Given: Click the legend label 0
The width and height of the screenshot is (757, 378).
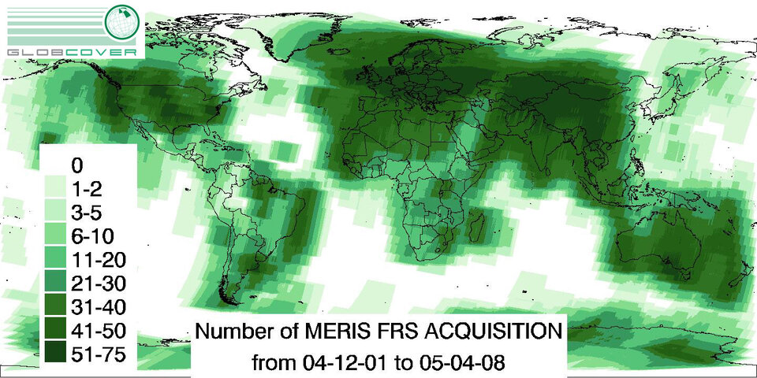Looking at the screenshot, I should pyautogui.click(x=76, y=165).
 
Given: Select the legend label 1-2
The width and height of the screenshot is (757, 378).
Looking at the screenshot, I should pyautogui.click(x=86, y=189).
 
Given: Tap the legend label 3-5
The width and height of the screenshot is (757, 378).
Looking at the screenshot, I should pyautogui.click(x=86, y=213).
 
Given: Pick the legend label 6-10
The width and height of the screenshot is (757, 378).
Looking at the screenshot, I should pyautogui.click(x=91, y=235).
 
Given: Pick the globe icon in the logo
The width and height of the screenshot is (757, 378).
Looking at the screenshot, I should pyautogui.click(x=124, y=22).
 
